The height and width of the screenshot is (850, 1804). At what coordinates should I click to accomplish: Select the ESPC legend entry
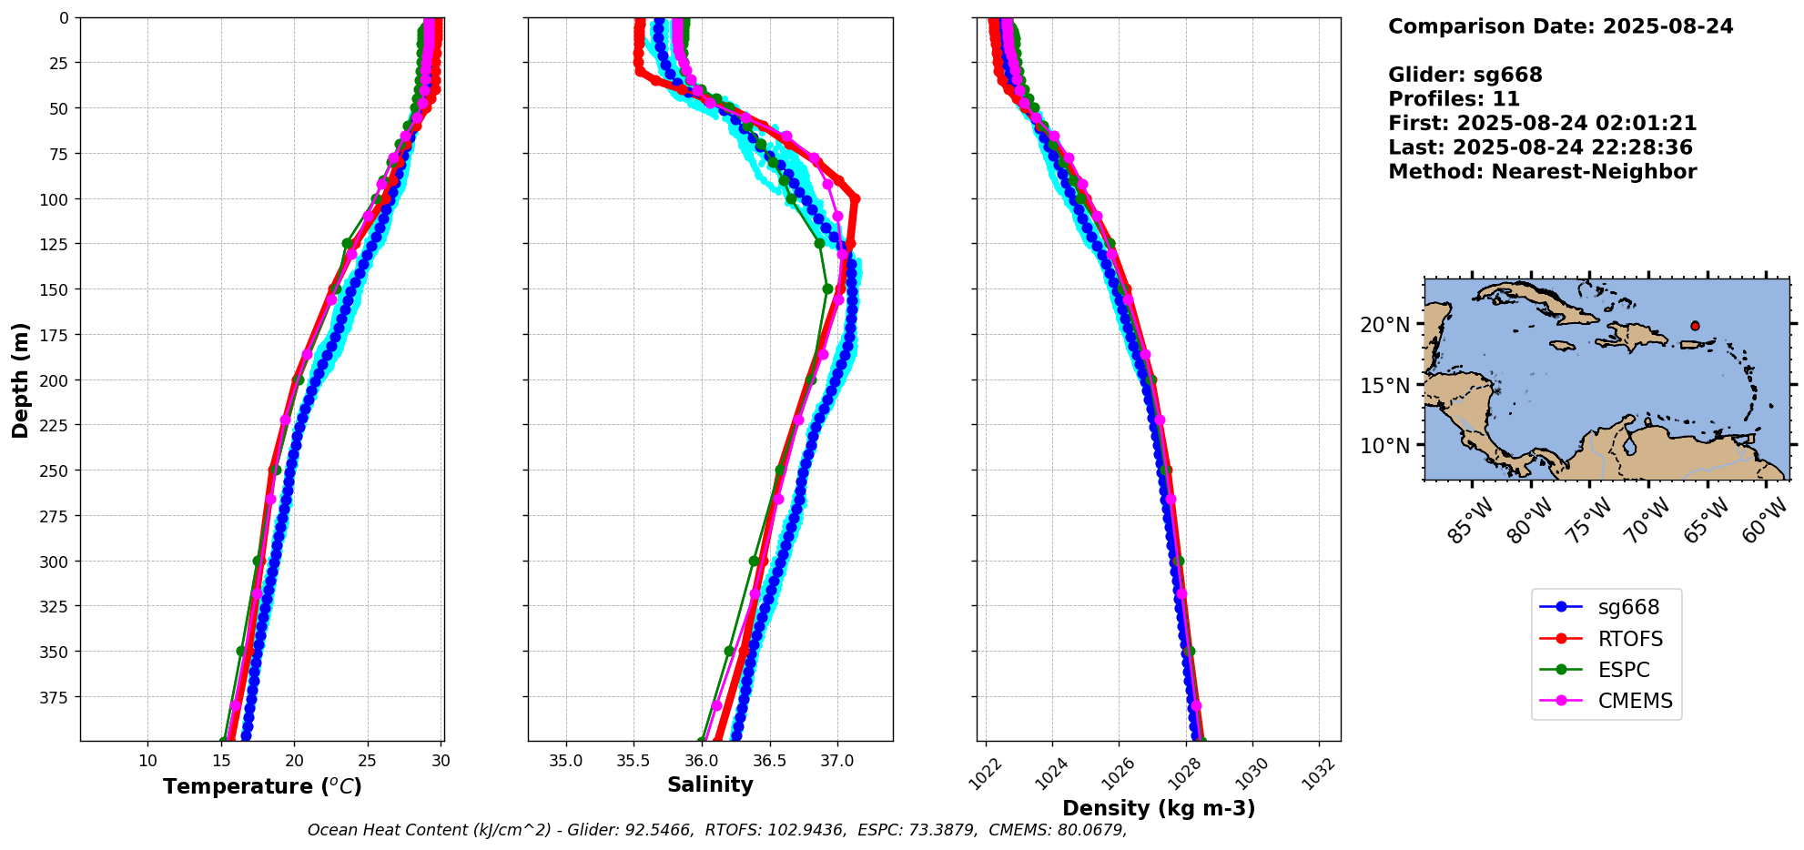tap(1623, 670)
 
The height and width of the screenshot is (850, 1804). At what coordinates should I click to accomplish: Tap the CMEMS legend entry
tap(1635, 701)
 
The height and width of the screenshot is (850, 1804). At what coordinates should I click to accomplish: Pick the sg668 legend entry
tap(1628, 607)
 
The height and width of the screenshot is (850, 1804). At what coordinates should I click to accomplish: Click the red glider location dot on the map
tap(1695, 326)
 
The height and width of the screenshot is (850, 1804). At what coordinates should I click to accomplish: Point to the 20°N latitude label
tap(1385, 325)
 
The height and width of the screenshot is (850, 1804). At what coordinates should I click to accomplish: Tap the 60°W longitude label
tap(1764, 521)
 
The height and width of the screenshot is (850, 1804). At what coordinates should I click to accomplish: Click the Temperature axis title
tap(262, 786)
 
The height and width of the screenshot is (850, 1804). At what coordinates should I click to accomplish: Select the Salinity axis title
tap(710, 784)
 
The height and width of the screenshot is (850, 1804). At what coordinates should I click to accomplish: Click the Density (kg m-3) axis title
tap(1159, 808)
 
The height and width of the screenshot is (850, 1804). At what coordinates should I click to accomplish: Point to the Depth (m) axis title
tap(20, 379)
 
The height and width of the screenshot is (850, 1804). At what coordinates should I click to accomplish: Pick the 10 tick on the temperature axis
tap(147, 761)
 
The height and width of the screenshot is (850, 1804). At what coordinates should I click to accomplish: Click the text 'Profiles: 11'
tap(1454, 99)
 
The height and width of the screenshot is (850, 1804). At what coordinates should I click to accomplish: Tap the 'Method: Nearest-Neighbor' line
tap(1542, 172)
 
